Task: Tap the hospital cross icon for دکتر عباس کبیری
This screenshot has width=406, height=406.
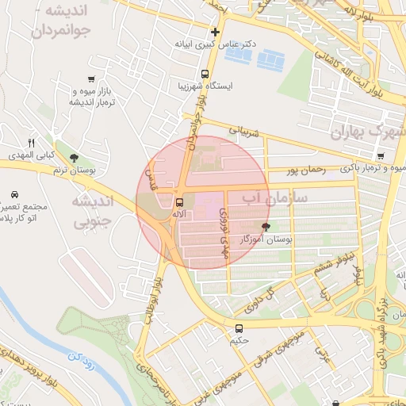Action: pos(214,32)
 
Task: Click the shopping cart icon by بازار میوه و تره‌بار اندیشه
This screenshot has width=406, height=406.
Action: pos(93,79)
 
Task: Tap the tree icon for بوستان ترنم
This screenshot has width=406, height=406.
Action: pos(74,158)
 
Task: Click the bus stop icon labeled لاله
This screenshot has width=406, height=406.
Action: pos(179,202)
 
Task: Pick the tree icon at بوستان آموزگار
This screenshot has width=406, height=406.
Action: pos(276,226)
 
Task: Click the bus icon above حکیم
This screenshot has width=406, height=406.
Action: pos(239,328)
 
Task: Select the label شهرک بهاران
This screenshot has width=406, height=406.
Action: pos(366,132)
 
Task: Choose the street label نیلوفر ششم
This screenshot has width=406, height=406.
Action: pos(333,267)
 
